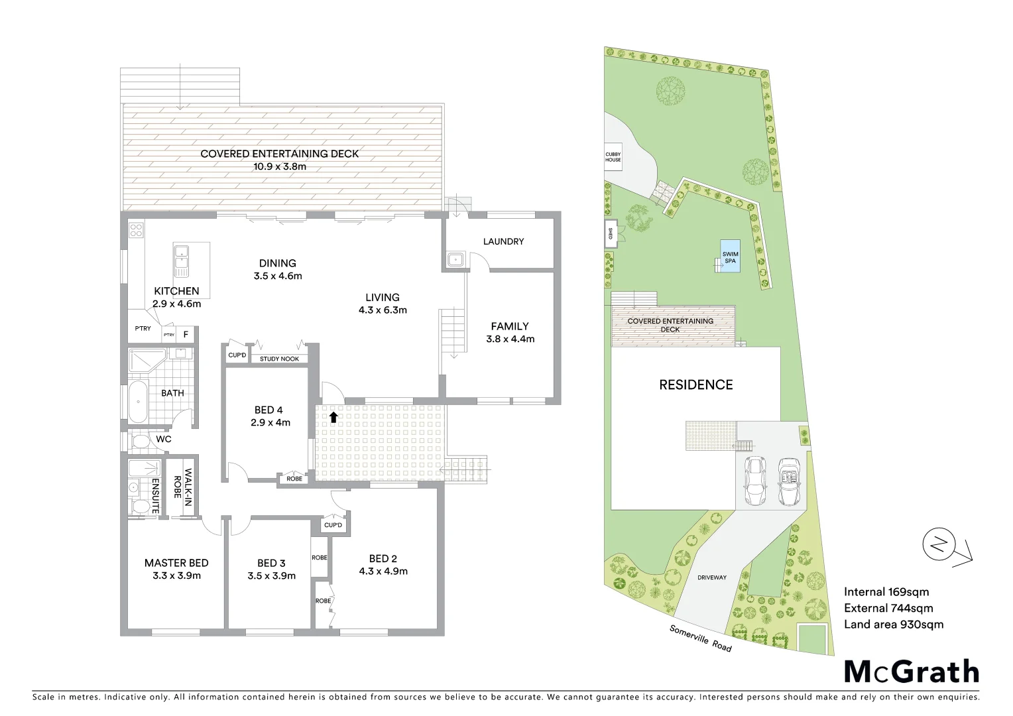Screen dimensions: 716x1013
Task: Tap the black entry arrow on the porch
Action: tap(333, 417)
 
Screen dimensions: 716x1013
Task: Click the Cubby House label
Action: tap(613, 157)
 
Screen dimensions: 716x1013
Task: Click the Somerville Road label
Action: tap(700, 638)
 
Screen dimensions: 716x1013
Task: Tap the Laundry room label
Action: tap(503, 241)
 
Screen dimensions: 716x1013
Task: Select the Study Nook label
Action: tap(279, 359)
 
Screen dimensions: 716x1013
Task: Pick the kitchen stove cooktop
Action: tap(137, 230)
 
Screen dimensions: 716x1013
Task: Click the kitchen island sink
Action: tap(181, 261)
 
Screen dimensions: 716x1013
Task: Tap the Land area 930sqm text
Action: tap(893, 624)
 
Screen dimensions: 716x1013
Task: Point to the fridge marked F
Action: tap(186, 335)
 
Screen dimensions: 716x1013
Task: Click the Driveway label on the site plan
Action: tap(711, 577)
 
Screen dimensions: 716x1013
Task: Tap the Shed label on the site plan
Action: tap(610, 233)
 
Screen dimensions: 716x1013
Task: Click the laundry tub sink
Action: tap(455, 261)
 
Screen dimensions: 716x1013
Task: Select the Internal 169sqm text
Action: tap(886, 592)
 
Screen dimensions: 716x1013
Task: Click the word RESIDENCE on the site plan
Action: tap(695, 385)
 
